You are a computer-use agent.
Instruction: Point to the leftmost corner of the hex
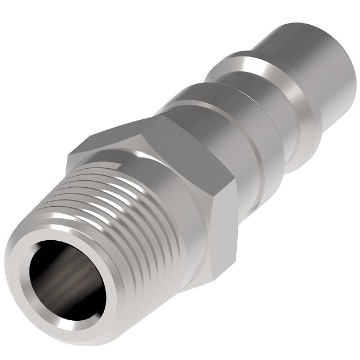click(69, 153)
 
